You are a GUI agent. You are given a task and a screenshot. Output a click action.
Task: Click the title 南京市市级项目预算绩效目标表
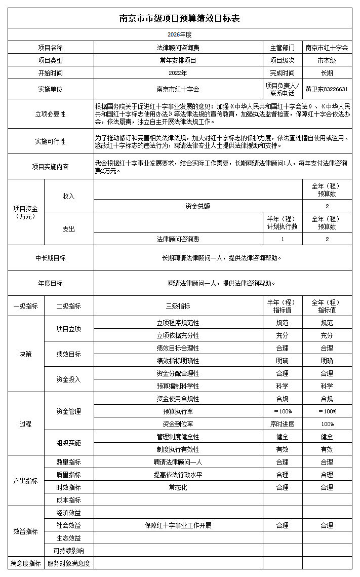[x=179, y=18]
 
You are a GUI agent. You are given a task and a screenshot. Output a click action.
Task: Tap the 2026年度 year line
[x=179, y=34]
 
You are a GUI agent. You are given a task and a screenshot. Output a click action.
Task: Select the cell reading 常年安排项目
[x=178, y=60]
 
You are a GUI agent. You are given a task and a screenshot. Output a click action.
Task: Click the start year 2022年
[x=178, y=73]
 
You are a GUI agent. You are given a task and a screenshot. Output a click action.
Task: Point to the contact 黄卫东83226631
[x=327, y=89]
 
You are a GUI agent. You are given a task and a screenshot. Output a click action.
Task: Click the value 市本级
[x=327, y=60]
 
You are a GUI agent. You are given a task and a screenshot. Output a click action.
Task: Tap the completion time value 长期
[x=327, y=73]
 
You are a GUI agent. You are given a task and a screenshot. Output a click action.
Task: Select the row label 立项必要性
[x=50, y=114]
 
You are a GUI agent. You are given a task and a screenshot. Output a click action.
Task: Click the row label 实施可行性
[x=50, y=141]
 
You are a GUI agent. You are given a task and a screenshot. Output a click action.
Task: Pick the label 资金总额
[x=197, y=206]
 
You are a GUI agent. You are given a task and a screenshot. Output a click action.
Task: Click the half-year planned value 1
[x=282, y=239]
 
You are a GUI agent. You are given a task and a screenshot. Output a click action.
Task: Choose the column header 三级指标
[x=178, y=306]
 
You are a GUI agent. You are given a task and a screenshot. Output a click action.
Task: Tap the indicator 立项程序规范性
[x=178, y=323]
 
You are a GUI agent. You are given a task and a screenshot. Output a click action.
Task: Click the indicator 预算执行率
[x=178, y=411]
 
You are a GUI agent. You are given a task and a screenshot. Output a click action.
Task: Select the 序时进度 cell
[x=282, y=424]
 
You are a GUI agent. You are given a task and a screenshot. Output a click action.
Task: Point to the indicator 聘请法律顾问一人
[x=178, y=462]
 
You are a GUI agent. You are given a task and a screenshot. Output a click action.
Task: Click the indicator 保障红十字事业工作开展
[x=178, y=525]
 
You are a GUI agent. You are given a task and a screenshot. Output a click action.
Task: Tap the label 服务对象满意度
[x=68, y=563]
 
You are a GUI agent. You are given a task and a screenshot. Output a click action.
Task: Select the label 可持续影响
[x=68, y=551]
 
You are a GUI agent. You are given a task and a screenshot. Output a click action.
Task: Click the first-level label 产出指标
[x=25, y=481]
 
